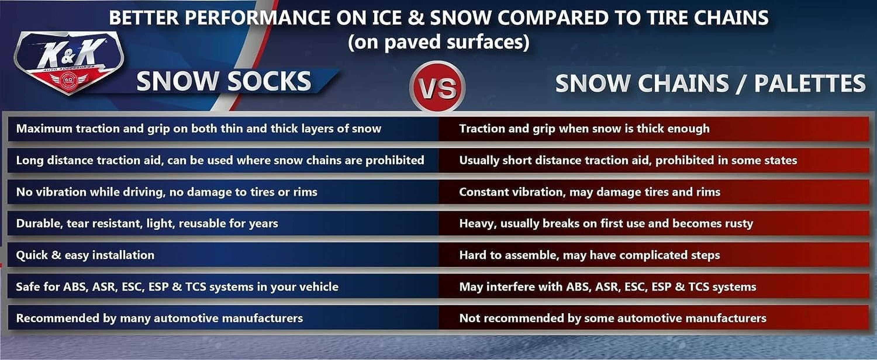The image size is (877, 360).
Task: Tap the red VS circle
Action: coord(437,87)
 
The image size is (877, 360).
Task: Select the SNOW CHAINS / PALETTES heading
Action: coord(710,83)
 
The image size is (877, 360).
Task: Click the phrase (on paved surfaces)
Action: coord(438,42)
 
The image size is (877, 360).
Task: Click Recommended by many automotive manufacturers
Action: coord(159,318)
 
